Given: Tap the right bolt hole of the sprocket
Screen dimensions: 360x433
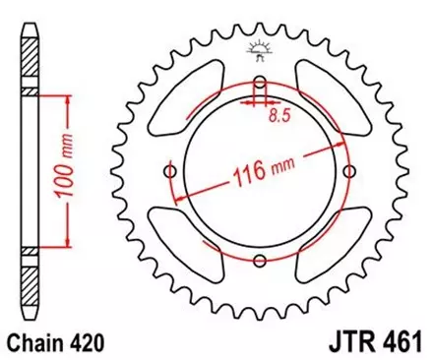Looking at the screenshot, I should coord(349,172).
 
